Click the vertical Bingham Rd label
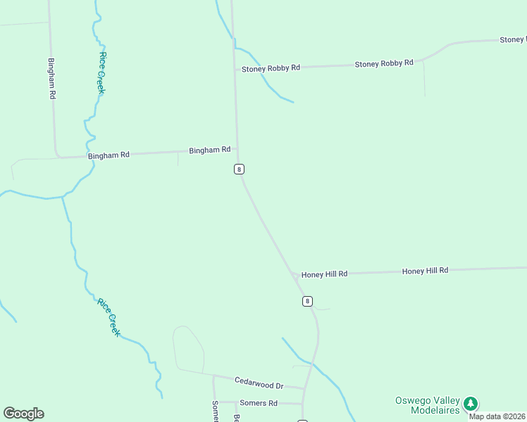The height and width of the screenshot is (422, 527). pos(51,78)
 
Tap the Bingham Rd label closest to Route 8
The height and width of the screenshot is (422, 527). pos(210,150)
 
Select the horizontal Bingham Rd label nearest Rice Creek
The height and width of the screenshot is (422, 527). pos(108,155)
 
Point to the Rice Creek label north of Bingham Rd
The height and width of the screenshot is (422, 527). pos(102,72)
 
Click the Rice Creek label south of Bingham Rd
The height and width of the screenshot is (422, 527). pos(109,317)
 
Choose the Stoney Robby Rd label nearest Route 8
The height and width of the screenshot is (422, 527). pos(271,68)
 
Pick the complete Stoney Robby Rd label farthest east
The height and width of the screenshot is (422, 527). pos(384,63)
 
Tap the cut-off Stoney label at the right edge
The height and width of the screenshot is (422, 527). pos(512,40)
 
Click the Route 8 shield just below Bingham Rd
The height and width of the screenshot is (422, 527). pos(240,169)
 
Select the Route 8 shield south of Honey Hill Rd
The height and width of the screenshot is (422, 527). pos(307,301)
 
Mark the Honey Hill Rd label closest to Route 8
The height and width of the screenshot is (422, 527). pos(324,274)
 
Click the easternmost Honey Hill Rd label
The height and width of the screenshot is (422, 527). pos(425,270)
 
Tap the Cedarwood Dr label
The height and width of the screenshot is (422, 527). pos(259,385)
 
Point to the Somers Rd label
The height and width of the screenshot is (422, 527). pos(259,403)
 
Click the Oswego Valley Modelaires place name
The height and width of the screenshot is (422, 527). pos(426,405)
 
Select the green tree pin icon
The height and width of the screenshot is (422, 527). pos(471,404)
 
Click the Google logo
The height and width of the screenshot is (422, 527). pos(23,414)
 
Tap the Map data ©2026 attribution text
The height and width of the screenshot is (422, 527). pos(497,416)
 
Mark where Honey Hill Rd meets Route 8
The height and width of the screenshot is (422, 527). pos(293,274)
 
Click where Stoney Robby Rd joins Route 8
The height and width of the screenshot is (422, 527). pos(235,69)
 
